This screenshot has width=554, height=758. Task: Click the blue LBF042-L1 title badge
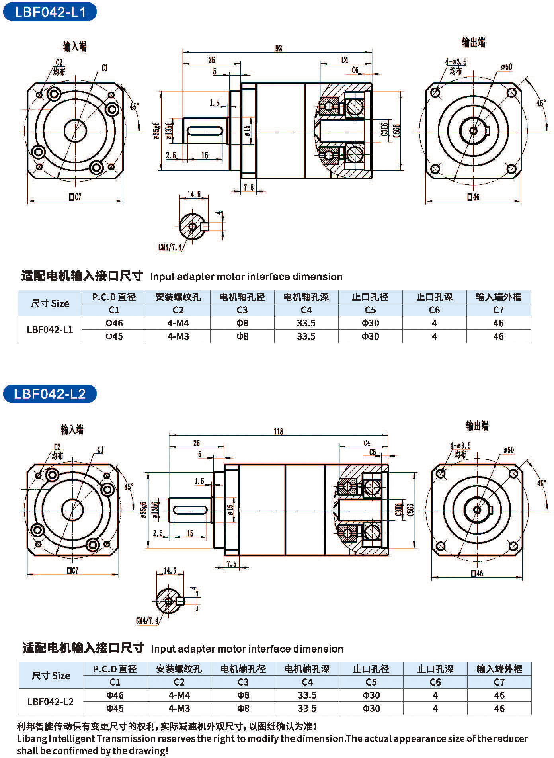point(50,12)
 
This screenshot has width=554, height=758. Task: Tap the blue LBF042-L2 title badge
point(50,394)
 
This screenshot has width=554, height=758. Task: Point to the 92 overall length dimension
point(279,48)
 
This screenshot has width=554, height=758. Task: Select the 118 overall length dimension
point(278,432)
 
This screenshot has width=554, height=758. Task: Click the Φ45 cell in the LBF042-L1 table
point(114,336)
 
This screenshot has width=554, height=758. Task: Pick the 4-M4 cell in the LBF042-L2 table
point(179,695)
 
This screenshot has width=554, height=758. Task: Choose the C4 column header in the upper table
point(306,310)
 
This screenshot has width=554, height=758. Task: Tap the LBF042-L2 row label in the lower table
point(51,702)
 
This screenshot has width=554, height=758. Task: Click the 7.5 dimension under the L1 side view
point(249,188)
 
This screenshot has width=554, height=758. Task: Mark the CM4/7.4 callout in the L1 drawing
point(170,247)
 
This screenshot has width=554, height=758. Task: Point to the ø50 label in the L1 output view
point(506,67)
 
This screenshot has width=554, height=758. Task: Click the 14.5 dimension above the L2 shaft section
point(170,570)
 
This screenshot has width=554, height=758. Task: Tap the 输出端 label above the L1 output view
point(473,42)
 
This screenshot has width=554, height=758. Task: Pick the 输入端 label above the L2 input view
point(72,429)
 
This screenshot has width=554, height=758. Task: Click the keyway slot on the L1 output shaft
point(204,131)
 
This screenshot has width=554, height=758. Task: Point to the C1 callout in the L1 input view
point(104,68)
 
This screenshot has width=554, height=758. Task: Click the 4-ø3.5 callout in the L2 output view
point(460,445)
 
